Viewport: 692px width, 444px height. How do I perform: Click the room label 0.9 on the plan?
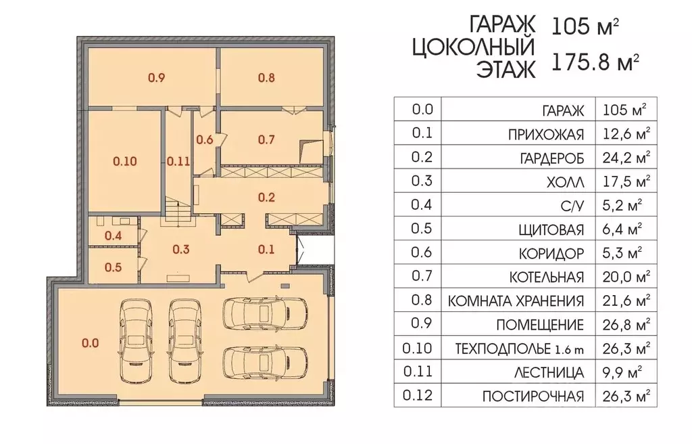[156, 77]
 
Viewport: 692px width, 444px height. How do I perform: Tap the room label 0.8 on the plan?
[266, 77]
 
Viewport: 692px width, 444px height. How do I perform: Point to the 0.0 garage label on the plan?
[90, 343]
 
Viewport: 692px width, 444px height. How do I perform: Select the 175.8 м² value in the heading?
[596, 63]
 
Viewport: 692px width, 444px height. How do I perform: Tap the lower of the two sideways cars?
[264, 362]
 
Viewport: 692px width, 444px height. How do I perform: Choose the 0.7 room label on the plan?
[266, 140]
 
